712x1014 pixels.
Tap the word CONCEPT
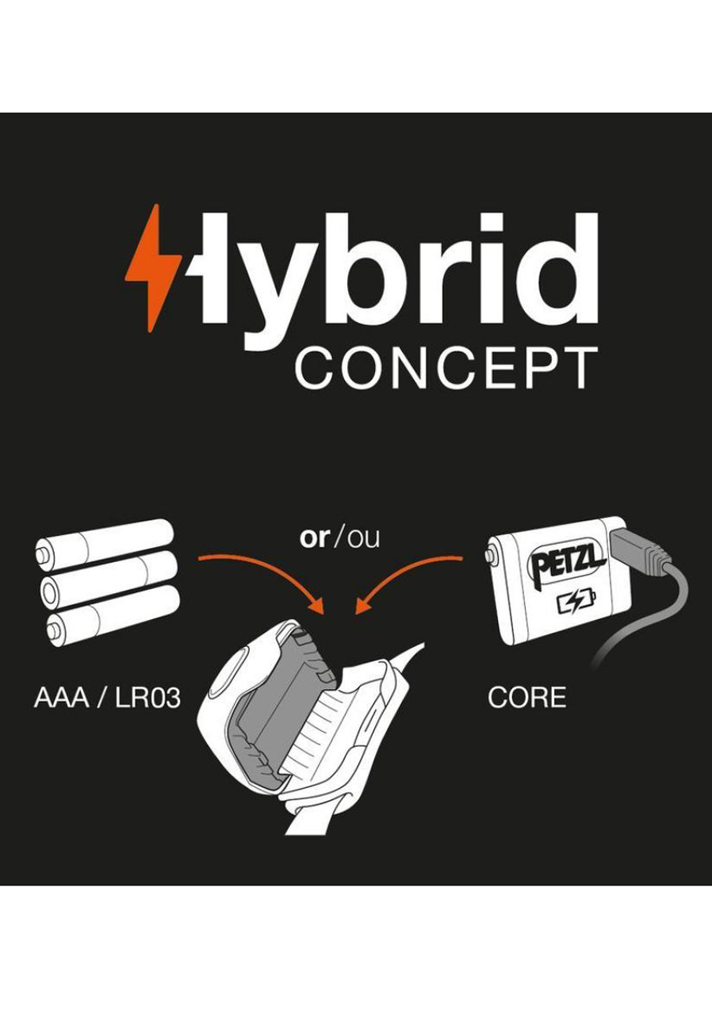click(x=446, y=366)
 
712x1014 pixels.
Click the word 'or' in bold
click(x=314, y=538)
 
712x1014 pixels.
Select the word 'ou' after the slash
click(x=365, y=538)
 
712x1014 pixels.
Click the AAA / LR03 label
click(x=107, y=698)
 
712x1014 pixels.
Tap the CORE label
click(x=526, y=698)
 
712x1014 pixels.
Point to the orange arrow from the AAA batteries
click(x=266, y=579)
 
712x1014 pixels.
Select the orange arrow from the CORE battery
click(x=408, y=579)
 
